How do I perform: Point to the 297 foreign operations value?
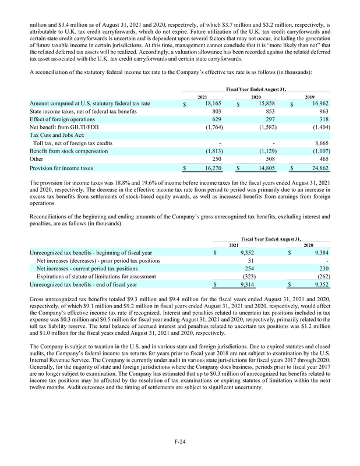pos(269,123)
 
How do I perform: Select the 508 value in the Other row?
pos(269,158)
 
